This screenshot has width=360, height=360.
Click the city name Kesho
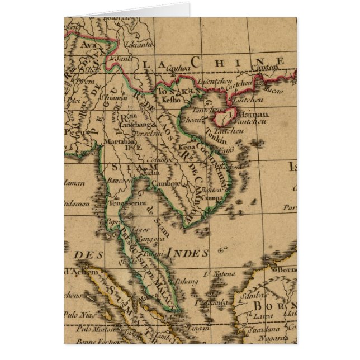[171, 100]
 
